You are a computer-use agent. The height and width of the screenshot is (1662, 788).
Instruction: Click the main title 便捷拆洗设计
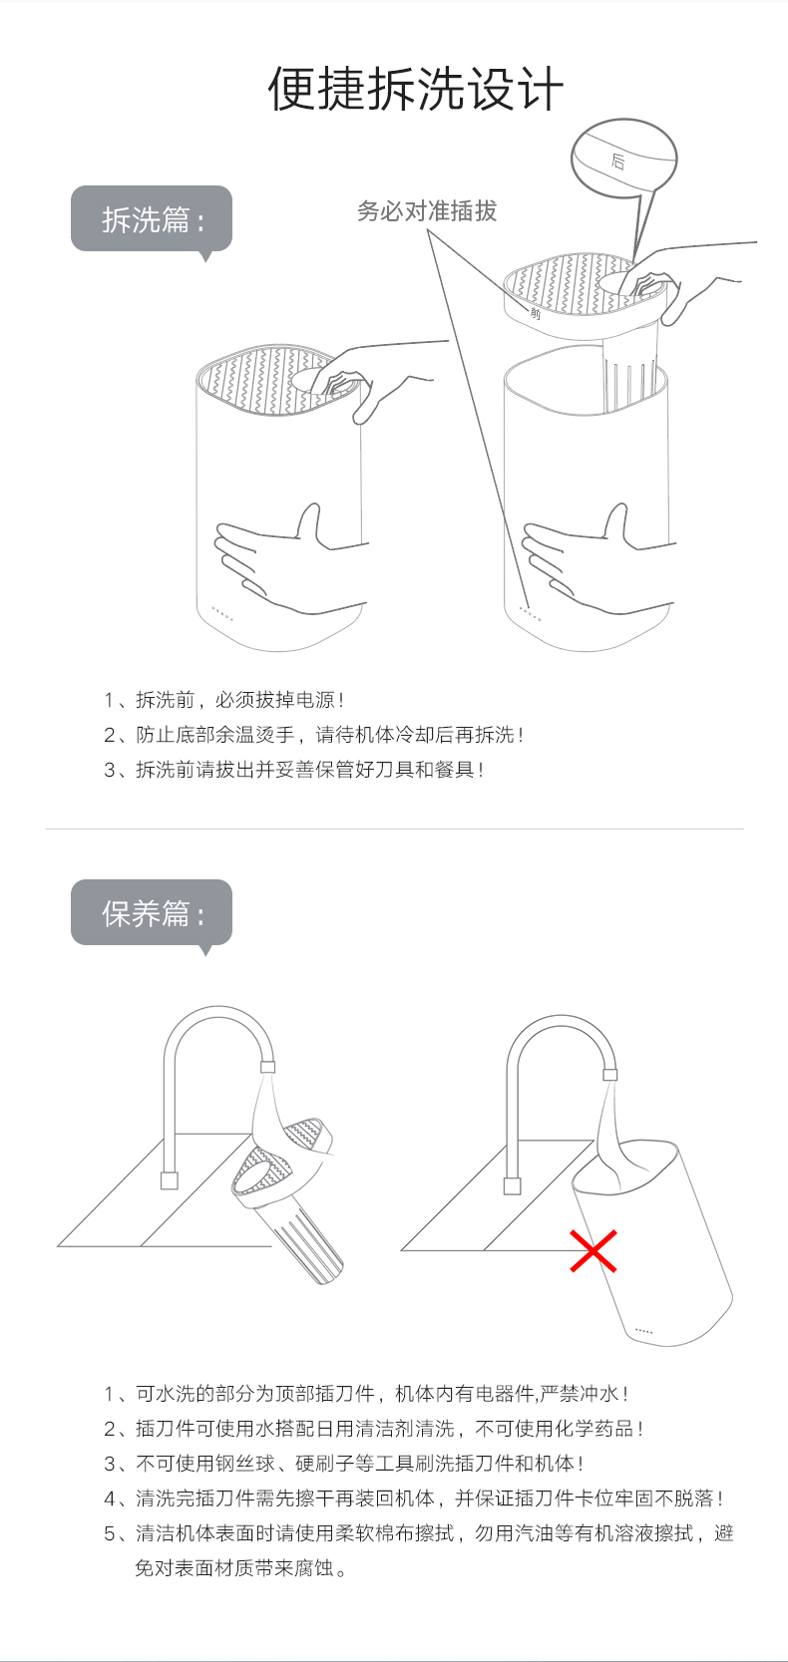(x=416, y=89)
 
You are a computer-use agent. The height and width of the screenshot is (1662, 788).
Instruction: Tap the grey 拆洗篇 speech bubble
(x=152, y=219)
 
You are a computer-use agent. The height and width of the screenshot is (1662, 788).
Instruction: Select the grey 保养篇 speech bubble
(x=152, y=913)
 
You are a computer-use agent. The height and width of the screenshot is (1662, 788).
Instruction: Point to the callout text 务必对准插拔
(x=427, y=211)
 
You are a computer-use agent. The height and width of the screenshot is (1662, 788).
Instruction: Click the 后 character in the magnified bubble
(x=618, y=161)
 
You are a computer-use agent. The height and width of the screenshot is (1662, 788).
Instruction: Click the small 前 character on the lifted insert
(x=535, y=313)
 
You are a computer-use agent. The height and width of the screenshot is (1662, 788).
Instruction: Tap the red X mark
(x=592, y=1251)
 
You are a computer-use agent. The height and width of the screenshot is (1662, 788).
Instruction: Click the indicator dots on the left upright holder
(x=221, y=613)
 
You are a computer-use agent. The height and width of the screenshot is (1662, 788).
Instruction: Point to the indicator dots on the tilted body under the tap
(x=643, y=1331)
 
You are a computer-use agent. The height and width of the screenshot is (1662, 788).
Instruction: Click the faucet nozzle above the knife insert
(x=268, y=1067)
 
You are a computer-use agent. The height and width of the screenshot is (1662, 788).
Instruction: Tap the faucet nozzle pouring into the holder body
(x=609, y=1075)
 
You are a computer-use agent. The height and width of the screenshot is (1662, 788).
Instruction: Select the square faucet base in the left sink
(x=170, y=1180)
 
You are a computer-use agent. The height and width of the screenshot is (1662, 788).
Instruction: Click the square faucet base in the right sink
(x=512, y=1185)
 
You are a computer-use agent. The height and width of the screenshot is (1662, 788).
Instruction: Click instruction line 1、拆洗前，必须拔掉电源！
(x=224, y=700)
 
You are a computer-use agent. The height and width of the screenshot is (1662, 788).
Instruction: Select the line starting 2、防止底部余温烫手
(x=314, y=735)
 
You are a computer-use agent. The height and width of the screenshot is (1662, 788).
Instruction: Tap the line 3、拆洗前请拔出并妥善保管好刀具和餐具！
(x=294, y=770)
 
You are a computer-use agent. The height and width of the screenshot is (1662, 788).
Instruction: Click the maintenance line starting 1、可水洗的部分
(x=366, y=1394)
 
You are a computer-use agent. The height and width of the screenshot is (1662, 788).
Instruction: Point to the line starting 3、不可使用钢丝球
(x=343, y=1464)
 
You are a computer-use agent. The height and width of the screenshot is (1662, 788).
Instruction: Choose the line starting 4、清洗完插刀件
(x=414, y=1498)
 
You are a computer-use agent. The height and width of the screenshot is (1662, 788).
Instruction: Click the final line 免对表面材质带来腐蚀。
(x=240, y=1567)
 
